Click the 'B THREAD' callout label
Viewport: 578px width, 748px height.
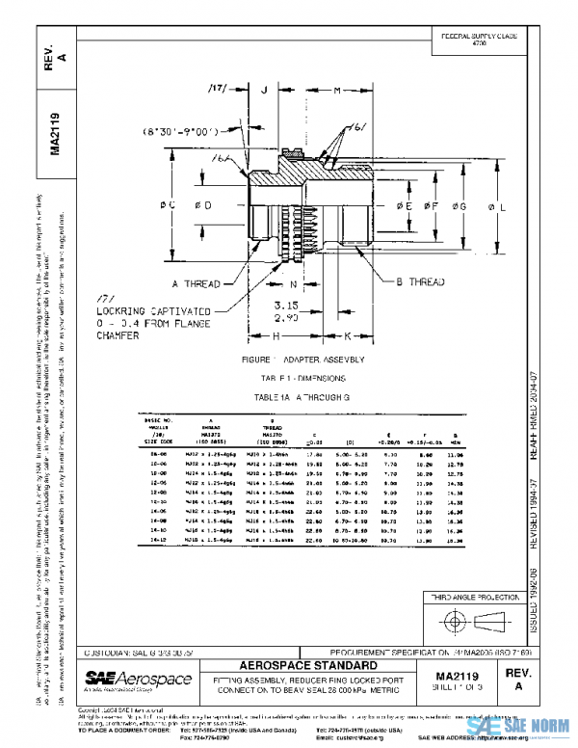pos(422,282)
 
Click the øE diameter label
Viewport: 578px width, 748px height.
pos(406,206)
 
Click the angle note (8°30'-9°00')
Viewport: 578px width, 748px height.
pos(179,129)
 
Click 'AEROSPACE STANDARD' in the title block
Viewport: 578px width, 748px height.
pos(315,666)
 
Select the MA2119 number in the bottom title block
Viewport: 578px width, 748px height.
pos(465,678)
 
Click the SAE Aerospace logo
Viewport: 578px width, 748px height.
pos(138,681)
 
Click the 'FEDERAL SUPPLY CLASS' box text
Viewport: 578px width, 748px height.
pos(479,39)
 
